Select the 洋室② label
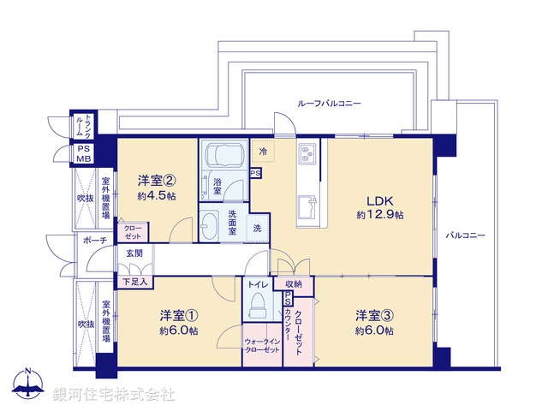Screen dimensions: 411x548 point(158,181)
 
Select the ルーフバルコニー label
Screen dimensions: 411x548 point(329,103)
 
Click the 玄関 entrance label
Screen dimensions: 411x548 point(135,253)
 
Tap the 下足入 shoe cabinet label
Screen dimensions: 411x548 point(134,280)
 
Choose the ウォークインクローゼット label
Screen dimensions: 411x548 point(262,346)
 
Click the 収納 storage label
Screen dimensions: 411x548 point(293,284)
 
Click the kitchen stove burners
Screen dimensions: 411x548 point(308,155)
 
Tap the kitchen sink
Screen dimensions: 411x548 point(308,207)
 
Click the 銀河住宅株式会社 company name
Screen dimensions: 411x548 point(114,394)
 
